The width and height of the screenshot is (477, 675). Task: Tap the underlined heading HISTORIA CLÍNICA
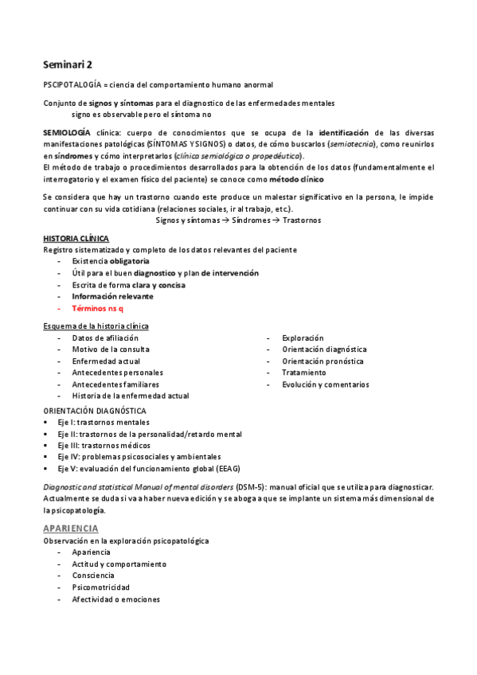tap(76, 239)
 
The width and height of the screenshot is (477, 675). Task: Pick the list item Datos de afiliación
tap(104, 338)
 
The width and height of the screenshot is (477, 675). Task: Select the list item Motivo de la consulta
tap(110, 349)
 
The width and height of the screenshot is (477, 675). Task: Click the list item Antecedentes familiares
tap(115, 384)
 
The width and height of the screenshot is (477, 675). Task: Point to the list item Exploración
tap(303, 338)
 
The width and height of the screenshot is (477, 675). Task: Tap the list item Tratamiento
tap(304, 373)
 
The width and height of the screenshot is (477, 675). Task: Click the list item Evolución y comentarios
tap(325, 384)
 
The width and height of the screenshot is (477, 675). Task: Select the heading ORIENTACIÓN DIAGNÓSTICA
tap(94, 411)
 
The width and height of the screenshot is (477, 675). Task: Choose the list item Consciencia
tap(92, 576)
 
